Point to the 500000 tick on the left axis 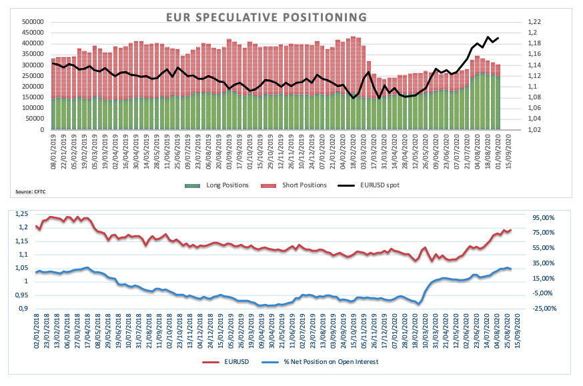click(33, 21)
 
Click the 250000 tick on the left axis click(33, 76)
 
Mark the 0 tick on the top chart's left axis click(41, 130)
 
